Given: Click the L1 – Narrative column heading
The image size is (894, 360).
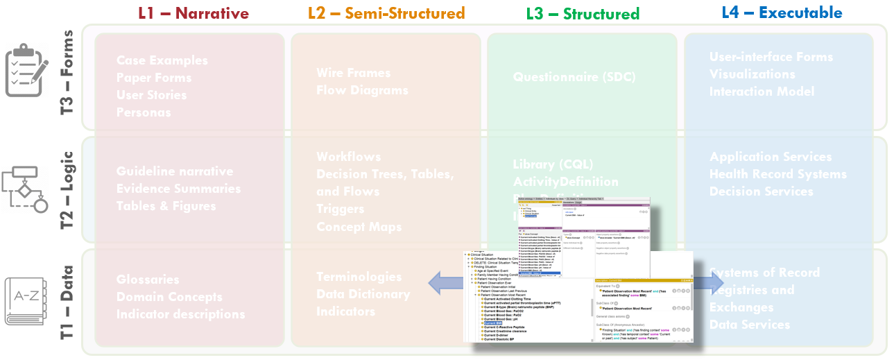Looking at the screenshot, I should [x=194, y=13].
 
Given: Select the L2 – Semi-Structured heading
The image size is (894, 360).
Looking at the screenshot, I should [x=386, y=13].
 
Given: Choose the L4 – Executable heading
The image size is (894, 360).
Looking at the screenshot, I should [x=782, y=12].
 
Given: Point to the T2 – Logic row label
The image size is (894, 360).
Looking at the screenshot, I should [x=67, y=189].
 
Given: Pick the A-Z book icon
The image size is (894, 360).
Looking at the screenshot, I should [x=26, y=301].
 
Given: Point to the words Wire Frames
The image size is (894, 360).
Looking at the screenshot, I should [x=353, y=73].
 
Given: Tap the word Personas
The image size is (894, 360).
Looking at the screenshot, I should [x=144, y=112].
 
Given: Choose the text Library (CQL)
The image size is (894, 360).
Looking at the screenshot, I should [x=553, y=164].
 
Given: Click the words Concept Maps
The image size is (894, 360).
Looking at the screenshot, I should [x=359, y=227].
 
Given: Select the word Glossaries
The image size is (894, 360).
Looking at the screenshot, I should [x=148, y=280].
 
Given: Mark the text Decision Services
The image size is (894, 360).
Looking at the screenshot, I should [x=761, y=191].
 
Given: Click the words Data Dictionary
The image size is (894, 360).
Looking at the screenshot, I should [x=363, y=294].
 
